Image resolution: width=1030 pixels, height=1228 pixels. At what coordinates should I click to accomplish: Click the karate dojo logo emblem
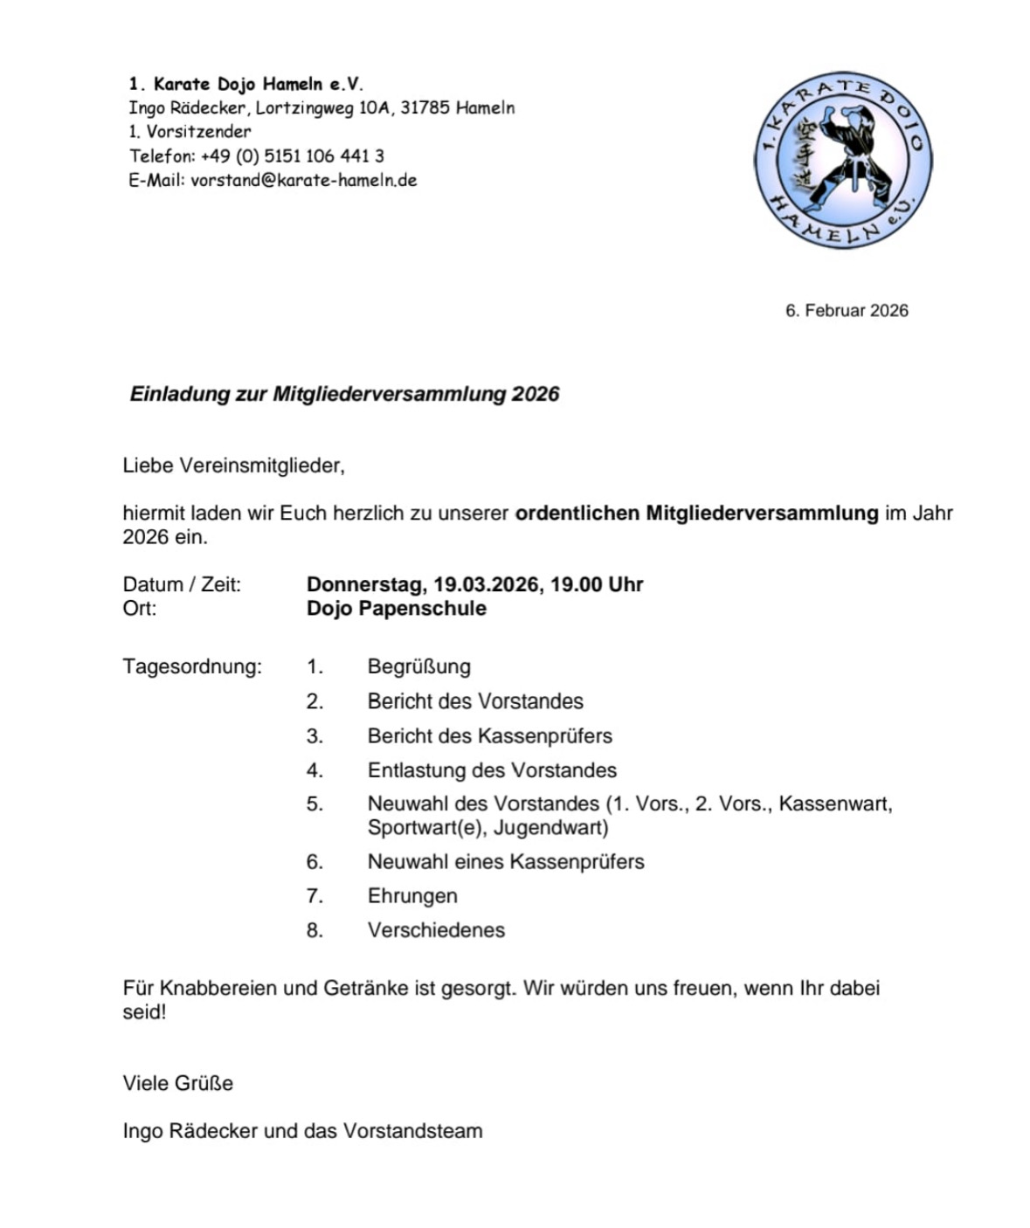tap(842, 161)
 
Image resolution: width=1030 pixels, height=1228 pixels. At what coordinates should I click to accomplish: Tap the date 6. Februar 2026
tap(846, 310)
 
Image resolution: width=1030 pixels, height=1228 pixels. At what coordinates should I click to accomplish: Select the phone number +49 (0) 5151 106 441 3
tap(292, 156)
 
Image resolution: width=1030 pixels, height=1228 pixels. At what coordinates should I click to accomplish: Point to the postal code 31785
tap(425, 108)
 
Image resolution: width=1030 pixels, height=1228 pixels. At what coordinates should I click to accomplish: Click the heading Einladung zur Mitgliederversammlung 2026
tap(344, 394)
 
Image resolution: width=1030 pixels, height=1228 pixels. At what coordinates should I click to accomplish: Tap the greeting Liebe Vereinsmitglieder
tap(233, 466)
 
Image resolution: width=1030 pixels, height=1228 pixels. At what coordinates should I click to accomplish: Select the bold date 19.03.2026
tap(486, 584)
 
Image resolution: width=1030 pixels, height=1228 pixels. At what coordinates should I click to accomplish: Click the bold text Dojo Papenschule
tap(396, 608)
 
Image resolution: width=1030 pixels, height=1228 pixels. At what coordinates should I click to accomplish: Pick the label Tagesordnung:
tap(192, 666)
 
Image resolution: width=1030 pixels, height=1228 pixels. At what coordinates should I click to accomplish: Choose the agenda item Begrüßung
tap(418, 666)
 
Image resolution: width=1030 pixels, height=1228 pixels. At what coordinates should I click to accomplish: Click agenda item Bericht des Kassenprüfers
tap(489, 735)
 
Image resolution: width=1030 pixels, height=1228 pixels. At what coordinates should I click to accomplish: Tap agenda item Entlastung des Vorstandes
tap(492, 769)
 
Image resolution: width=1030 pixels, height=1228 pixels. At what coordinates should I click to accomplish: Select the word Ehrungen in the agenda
tap(412, 895)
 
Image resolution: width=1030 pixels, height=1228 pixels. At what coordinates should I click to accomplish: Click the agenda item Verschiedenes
tap(436, 929)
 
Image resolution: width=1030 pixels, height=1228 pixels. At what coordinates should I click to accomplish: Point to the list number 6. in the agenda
tap(315, 861)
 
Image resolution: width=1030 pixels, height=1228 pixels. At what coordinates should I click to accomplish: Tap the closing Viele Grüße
tap(178, 1083)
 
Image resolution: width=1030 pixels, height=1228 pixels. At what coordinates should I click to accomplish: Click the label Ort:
tap(140, 608)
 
